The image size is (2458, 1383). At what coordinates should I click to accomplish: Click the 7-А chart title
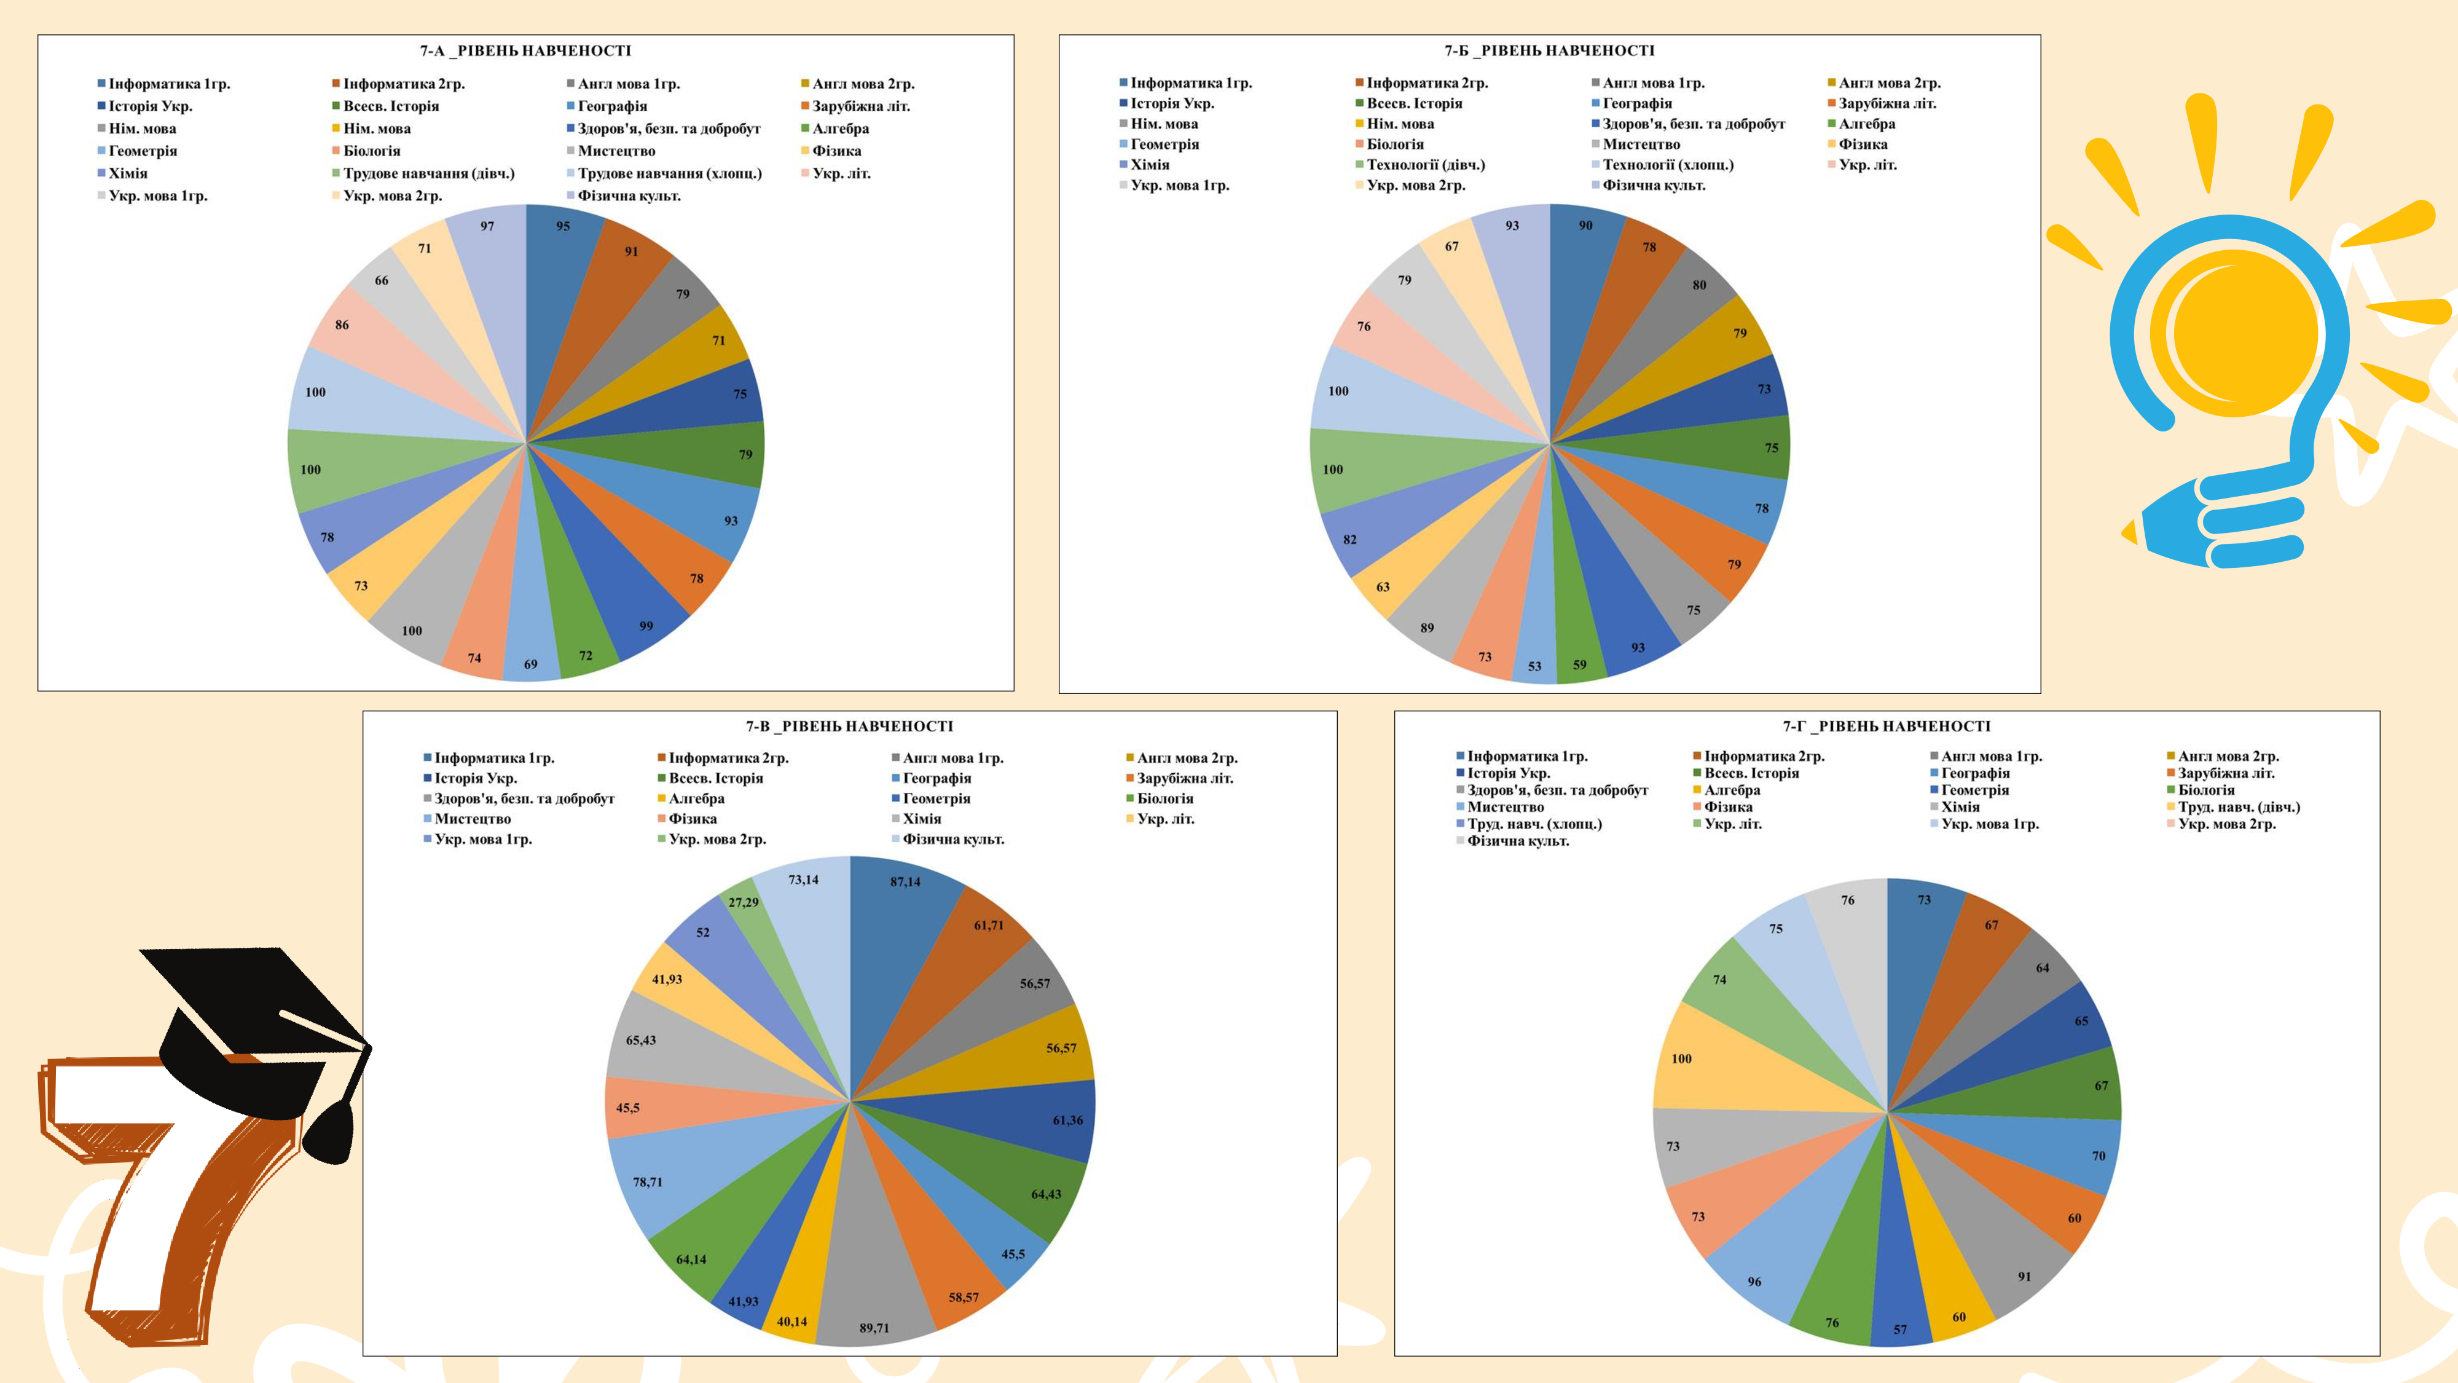coord(526,50)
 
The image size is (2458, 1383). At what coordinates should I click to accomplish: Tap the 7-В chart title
coord(849,727)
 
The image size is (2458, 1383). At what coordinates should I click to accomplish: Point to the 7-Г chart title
coord(1887,727)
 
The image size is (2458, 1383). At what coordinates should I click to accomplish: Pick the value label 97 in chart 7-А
coord(487,226)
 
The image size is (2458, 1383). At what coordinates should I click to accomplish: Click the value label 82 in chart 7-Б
coord(1350,539)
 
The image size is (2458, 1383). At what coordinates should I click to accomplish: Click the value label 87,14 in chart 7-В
coord(906,882)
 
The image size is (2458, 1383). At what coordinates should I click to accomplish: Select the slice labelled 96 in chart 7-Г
coord(1765,1260)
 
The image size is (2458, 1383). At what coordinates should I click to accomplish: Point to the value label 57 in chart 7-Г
coord(1900,1330)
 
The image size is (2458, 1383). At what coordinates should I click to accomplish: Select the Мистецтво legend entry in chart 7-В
coord(471,819)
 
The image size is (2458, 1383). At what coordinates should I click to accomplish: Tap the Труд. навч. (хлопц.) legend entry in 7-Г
coord(1533,824)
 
